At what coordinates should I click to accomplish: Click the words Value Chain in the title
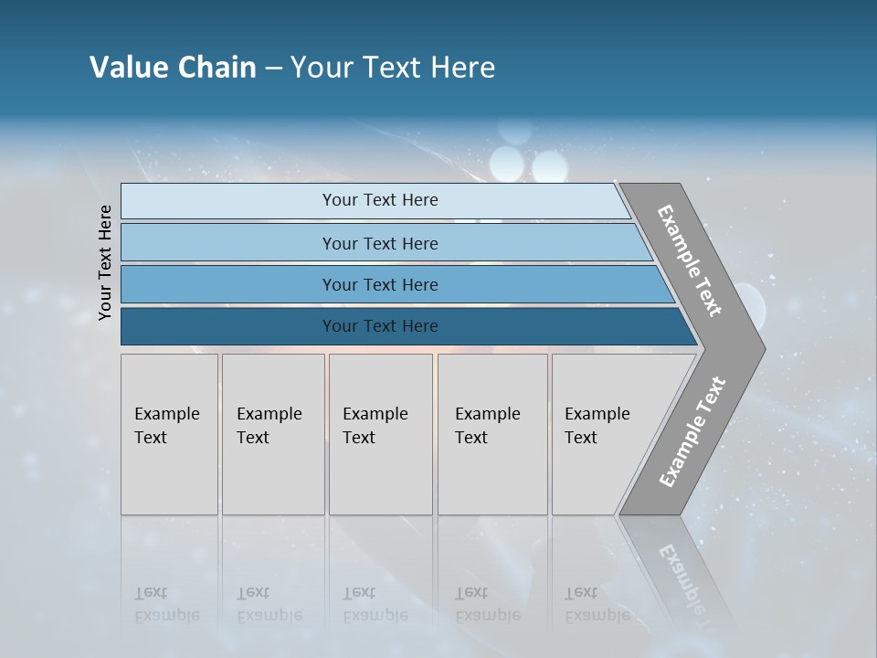pyautogui.click(x=173, y=68)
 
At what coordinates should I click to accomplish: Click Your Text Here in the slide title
pyautogui.click(x=393, y=68)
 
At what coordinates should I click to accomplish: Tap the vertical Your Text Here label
pyautogui.click(x=105, y=262)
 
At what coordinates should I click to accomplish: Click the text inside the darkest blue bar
pyautogui.click(x=380, y=326)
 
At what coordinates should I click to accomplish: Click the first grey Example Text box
pyautogui.click(x=169, y=434)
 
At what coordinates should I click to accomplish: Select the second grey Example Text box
pyautogui.click(x=273, y=434)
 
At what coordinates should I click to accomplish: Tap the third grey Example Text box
pyautogui.click(x=380, y=434)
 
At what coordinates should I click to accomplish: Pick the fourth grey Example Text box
pyautogui.click(x=492, y=434)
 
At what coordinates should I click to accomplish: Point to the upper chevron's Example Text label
pyautogui.click(x=690, y=260)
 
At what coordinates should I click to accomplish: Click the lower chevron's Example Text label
pyautogui.click(x=692, y=432)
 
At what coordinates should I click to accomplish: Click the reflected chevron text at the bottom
pyautogui.click(x=681, y=576)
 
